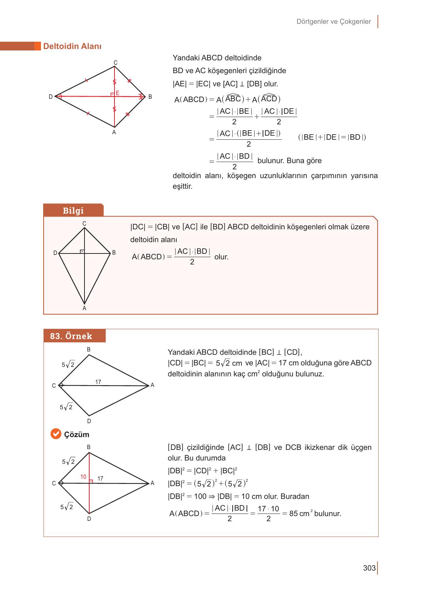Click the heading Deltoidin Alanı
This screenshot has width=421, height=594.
tap(72, 46)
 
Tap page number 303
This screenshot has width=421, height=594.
tap(369, 568)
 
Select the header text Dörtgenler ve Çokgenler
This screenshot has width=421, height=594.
tap(334, 22)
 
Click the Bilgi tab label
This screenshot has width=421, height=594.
tap(73, 211)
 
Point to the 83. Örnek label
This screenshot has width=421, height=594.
tap(71, 336)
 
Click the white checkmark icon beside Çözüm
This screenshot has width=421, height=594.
tap(56, 434)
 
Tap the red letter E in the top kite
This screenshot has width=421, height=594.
tap(117, 93)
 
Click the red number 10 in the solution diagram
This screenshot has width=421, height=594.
tap(83, 477)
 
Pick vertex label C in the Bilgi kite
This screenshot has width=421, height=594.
tap(84, 223)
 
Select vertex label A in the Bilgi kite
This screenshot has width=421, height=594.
tap(84, 308)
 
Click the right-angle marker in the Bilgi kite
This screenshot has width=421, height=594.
tap(82, 251)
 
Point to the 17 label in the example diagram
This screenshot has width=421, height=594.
tap(98, 382)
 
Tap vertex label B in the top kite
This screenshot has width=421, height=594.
tap(150, 97)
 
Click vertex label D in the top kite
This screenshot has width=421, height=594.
tap(51, 97)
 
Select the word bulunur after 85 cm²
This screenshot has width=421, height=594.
tap(327, 514)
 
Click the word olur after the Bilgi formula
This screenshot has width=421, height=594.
tap(221, 257)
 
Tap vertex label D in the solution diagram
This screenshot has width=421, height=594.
tap(89, 519)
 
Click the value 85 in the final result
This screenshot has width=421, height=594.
tap(293, 514)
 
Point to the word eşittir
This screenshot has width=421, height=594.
tap(183, 187)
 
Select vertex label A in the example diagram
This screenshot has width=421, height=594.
tap(153, 385)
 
